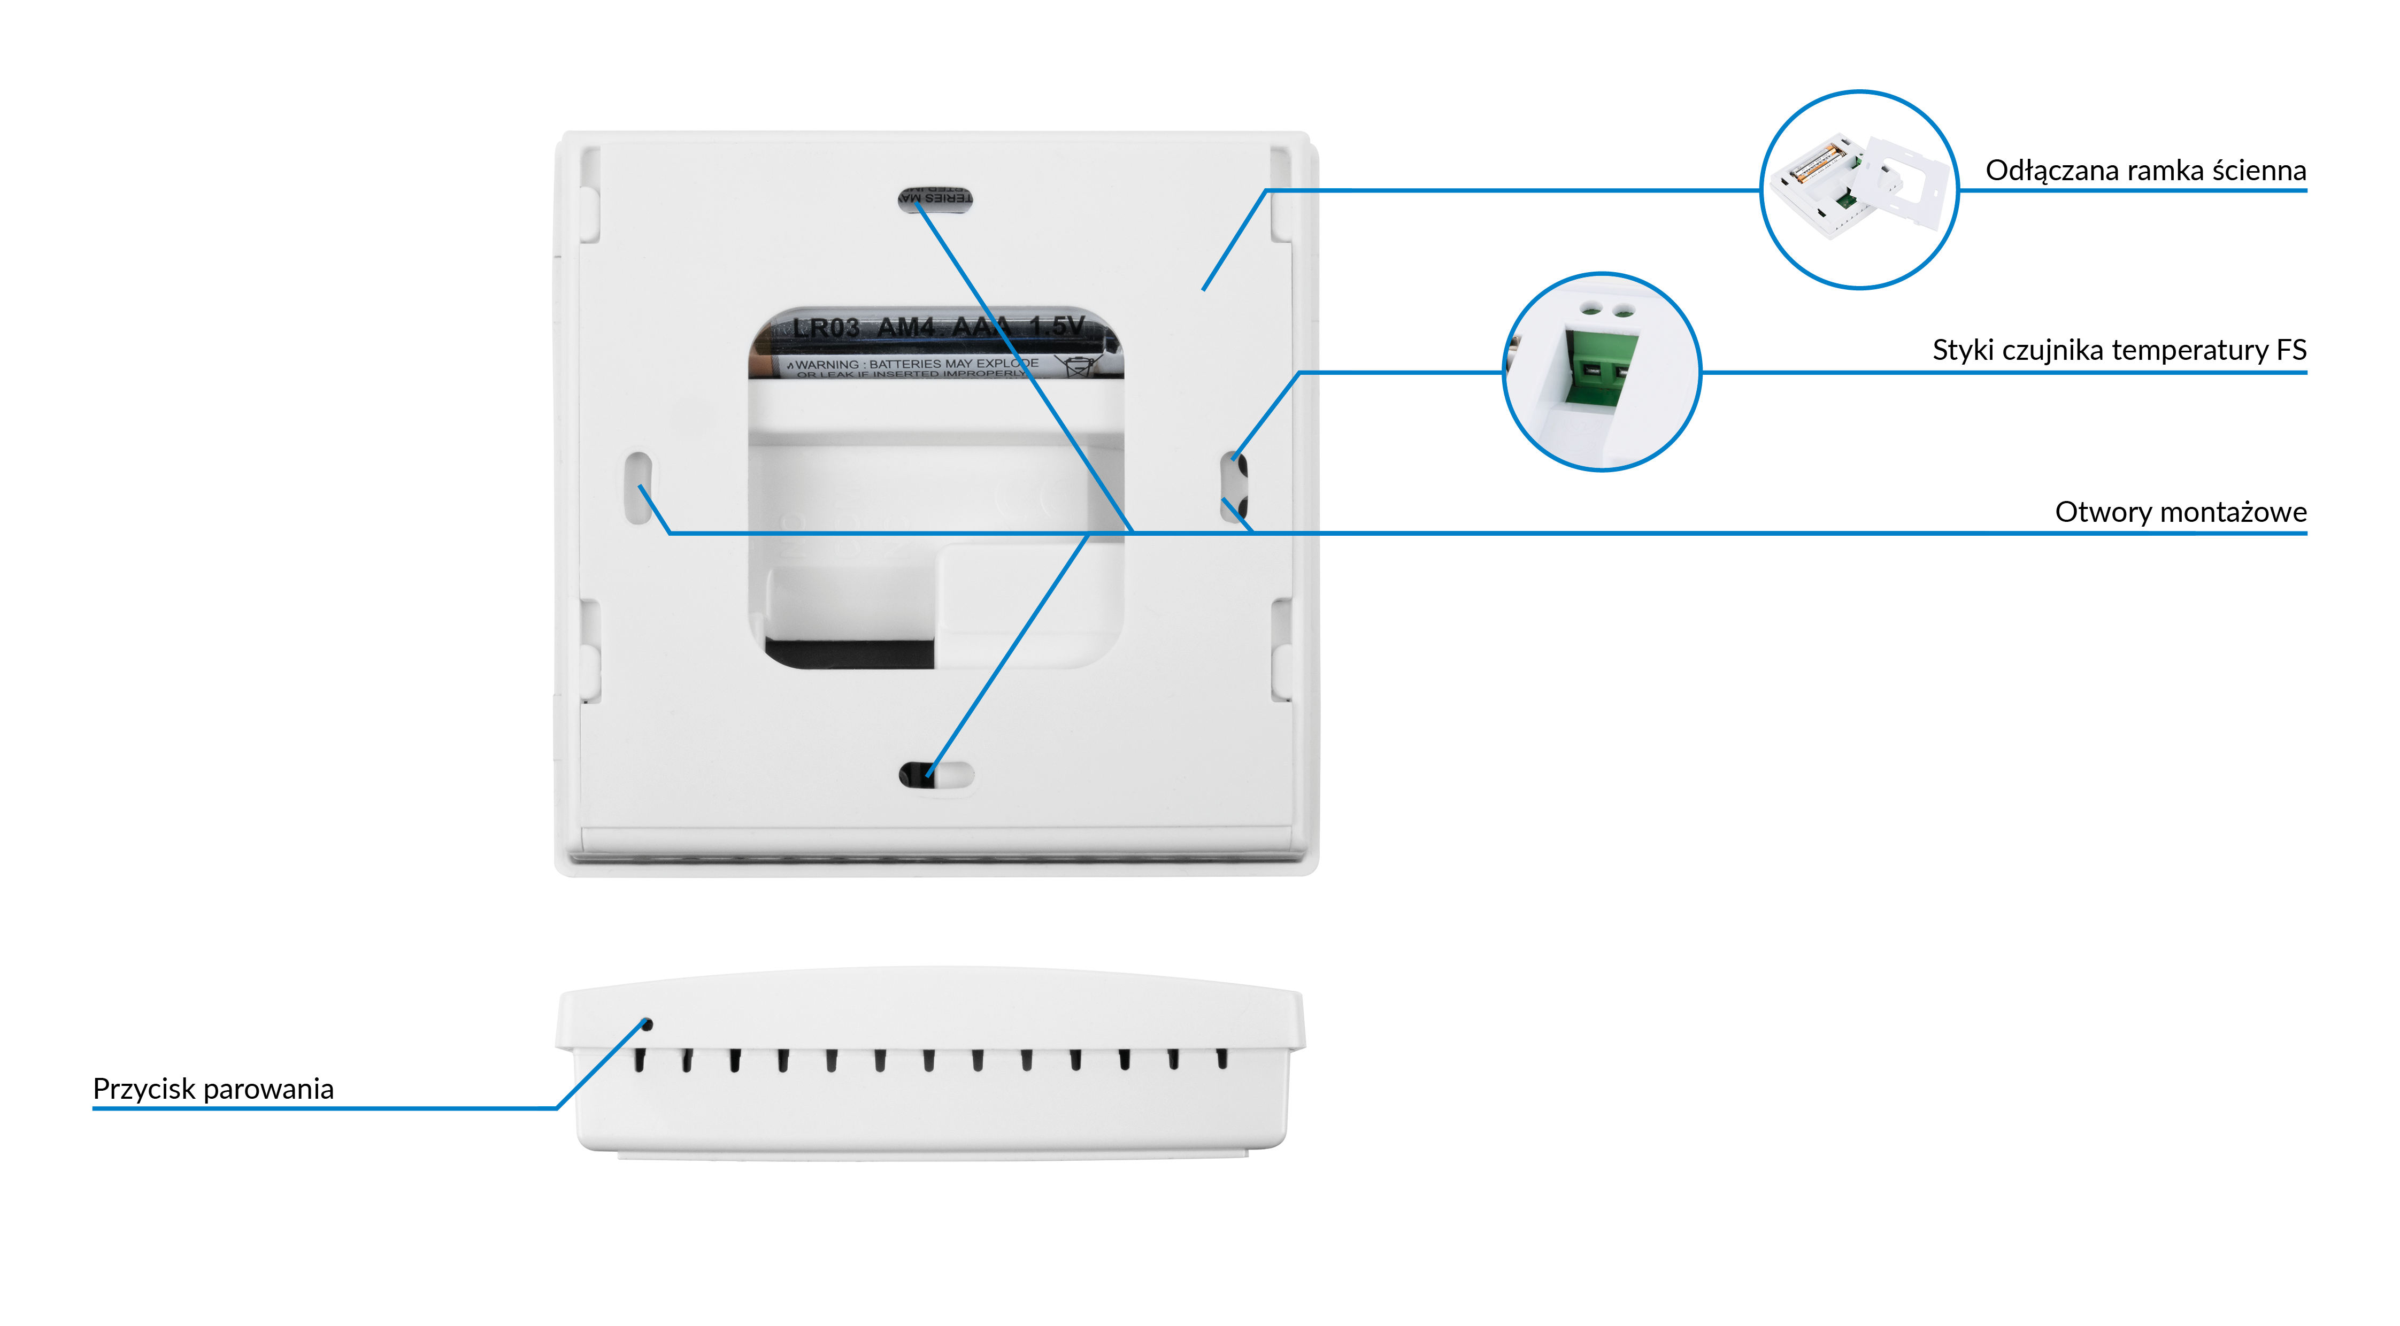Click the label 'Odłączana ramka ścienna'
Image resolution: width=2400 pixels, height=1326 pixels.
coord(2145,171)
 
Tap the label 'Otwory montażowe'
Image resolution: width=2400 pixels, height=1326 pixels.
coord(2180,513)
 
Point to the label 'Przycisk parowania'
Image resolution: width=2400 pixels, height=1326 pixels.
coord(213,1089)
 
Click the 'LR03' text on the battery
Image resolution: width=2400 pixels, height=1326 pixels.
coord(826,328)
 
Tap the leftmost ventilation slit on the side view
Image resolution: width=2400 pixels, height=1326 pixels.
coord(639,1060)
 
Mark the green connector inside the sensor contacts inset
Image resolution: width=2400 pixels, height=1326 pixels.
coord(1601,368)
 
